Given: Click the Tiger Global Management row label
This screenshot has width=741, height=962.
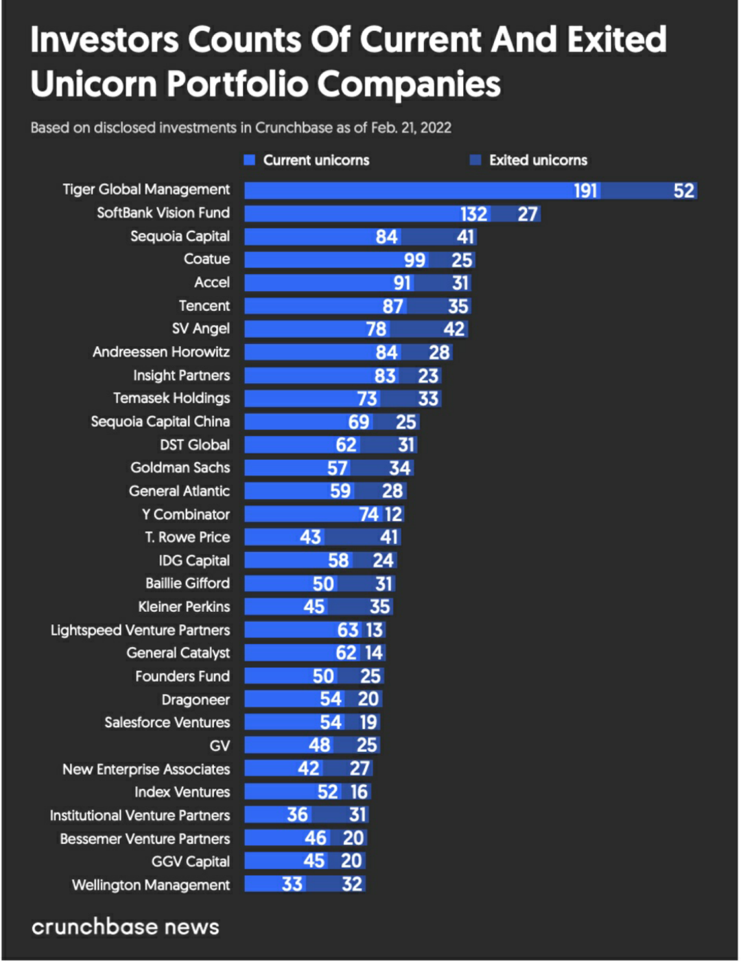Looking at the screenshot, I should [x=146, y=190].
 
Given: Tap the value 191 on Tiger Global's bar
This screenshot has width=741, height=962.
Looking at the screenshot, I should [x=585, y=191].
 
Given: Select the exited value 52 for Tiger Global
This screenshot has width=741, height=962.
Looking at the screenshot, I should [x=683, y=191].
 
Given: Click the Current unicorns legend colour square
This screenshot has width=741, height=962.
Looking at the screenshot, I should [x=250, y=160].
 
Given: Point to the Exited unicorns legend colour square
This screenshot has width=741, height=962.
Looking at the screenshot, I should [x=475, y=160].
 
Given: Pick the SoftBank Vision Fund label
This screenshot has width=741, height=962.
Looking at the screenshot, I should [x=163, y=213].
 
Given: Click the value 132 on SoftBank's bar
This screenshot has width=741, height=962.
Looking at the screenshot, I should [x=473, y=214].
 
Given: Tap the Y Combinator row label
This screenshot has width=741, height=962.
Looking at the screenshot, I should [x=186, y=514].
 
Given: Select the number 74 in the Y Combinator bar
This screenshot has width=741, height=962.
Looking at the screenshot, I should [x=368, y=514].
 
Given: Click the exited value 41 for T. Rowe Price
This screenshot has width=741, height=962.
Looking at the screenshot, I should [x=389, y=537].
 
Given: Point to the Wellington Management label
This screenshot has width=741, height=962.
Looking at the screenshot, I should [x=151, y=885].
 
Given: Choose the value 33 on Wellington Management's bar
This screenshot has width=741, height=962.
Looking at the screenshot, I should [x=292, y=884].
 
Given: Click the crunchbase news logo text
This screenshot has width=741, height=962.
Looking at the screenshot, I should [x=126, y=927].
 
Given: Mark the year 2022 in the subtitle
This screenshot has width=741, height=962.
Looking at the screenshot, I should [x=436, y=128].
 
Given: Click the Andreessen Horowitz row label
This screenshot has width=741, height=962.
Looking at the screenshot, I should [x=161, y=352].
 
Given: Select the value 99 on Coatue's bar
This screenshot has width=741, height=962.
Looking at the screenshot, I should [x=414, y=260].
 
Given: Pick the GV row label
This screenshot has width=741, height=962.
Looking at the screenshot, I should [x=220, y=746].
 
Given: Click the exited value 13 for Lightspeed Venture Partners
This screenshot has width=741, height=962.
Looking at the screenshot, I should [x=374, y=630].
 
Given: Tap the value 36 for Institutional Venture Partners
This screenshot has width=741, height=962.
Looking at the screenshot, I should [x=297, y=815].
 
